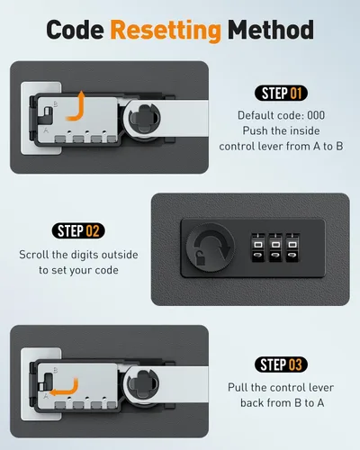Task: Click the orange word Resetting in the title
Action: (x=166, y=31)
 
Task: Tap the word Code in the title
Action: (x=75, y=30)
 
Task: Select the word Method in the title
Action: (x=271, y=30)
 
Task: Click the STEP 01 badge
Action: (x=281, y=94)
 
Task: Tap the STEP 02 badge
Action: (x=78, y=230)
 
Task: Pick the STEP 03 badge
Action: (x=281, y=364)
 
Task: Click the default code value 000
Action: (x=316, y=115)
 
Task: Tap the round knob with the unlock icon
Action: (x=211, y=247)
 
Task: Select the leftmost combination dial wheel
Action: (x=258, y=247)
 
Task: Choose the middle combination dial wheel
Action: (x=275, y=247)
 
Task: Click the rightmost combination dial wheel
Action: (x=292, y=247)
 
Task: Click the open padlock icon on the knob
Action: (x=200, y=257)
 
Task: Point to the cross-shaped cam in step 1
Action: (x=145, y=118)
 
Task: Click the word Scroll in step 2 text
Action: (x=33, y=255)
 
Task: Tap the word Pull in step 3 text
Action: (x=238, y=387)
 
